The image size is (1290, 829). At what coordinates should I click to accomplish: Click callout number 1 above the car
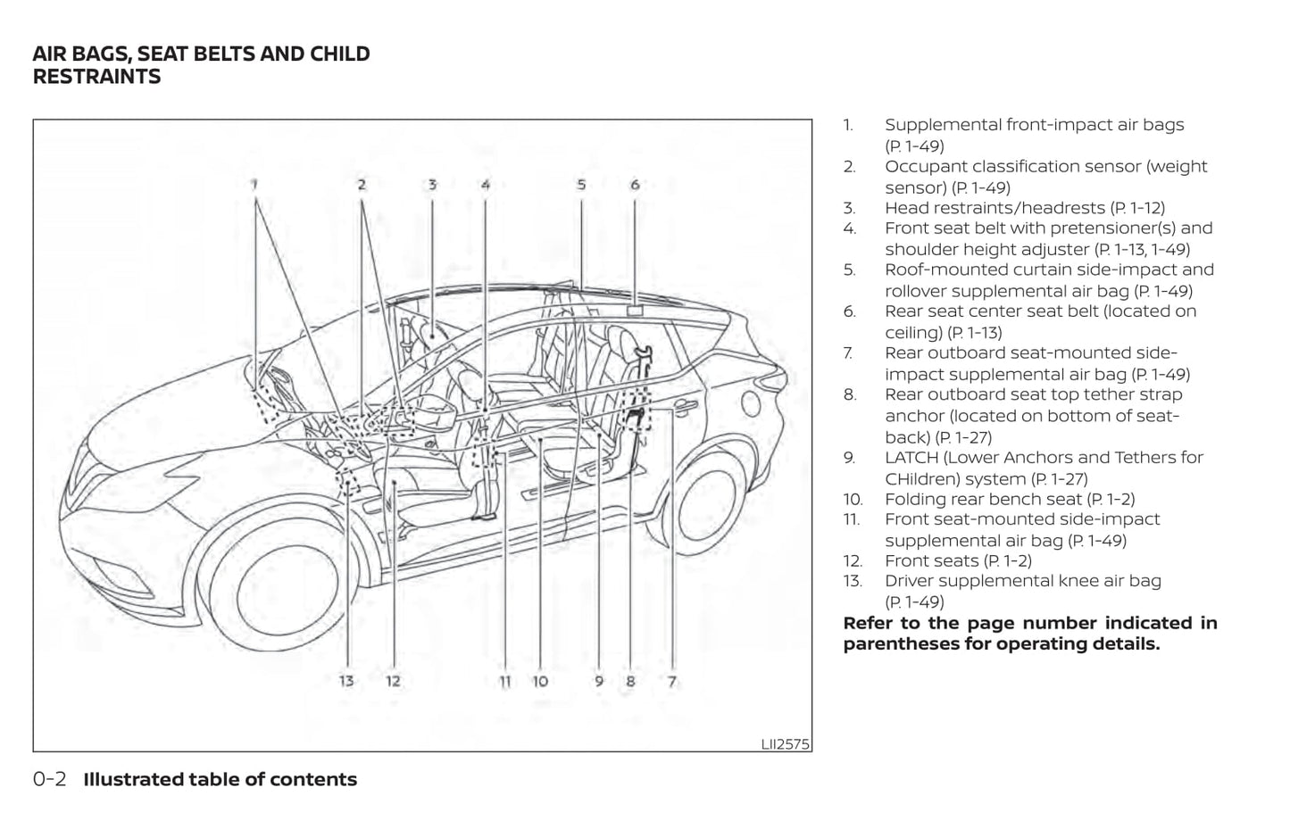tap(254, 185)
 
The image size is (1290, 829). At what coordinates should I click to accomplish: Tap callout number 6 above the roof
tap(635, 185)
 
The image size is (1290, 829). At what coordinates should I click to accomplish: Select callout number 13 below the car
tap(346, 681)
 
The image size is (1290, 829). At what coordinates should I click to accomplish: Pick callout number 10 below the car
tap(540, 681)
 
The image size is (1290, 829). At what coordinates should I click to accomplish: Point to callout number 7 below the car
tap(672, 681)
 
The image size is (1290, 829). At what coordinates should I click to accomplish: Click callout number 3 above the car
tap(432, 185)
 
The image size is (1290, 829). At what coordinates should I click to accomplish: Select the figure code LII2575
tap(785, 743)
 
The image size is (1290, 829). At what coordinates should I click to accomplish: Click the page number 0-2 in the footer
tap(49, 779)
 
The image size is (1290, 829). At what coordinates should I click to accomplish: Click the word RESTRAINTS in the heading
tap(96, 77)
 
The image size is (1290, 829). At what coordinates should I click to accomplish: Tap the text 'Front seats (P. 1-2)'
tap(958, 561)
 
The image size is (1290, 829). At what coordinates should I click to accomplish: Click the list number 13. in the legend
tap(853, 581)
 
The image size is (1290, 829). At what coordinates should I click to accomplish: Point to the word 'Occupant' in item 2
tap(924, 167)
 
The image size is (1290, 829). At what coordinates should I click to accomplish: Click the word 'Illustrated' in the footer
tap(133, 779)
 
